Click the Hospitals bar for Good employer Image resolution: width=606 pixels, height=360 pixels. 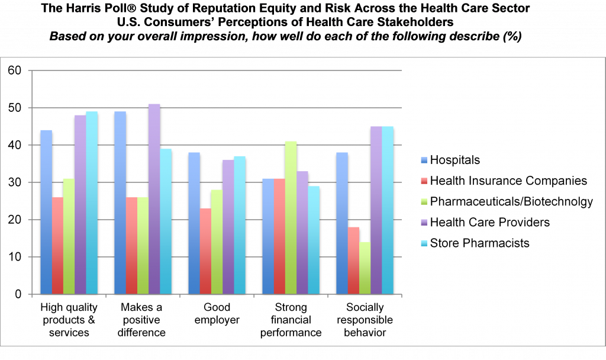tap(194, 223)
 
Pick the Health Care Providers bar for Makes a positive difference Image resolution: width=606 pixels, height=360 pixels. tap(154, 199)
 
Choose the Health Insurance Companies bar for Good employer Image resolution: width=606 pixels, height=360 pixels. tap(205, 251)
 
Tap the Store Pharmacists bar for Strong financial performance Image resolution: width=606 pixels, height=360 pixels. tap(314, 240)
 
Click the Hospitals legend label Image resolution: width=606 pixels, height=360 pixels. tap(454, 160)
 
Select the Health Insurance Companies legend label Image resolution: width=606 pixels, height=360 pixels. tap(508, 181)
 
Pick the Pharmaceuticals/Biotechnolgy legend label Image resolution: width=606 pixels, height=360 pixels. tap(511, 201)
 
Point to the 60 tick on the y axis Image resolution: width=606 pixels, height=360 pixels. tap(14, 71)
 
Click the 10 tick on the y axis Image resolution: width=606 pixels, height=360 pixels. tap(14, 257)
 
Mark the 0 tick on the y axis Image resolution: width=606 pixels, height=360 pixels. tap(17, 294)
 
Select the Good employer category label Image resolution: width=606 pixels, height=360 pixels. tap(217, 314)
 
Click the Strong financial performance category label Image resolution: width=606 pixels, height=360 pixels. tap(291, 320)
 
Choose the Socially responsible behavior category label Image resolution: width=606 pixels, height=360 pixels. tap(365, 320)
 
